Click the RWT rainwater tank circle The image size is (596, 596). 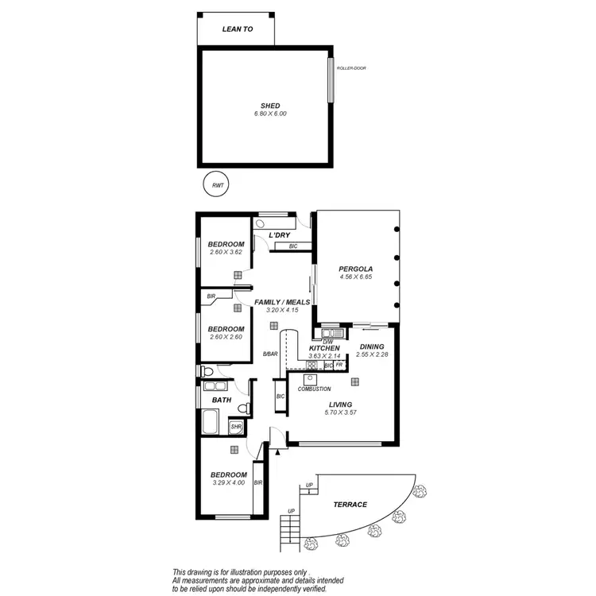click(216, 185)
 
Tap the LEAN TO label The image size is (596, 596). click(236, 29)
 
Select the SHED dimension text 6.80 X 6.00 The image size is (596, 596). click(270, 114)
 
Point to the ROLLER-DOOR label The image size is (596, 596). click(350, 68)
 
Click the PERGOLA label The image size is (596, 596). click(356, 268)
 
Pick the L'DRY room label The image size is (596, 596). click(278, 236)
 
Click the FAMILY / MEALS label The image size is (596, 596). click(282, 302)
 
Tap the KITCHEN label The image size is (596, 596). click(324, 348)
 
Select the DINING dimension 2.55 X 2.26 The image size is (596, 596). click(372, 355)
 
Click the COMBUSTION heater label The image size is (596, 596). click(315, 389)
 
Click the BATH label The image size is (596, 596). click(221, 400)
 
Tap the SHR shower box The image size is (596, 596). click(236, 428)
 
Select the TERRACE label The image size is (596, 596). click(350, 505)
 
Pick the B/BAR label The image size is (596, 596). click(271, 354)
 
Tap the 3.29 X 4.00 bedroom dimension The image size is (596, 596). click(229, 482)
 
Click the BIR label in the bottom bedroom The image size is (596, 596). click(257, 482)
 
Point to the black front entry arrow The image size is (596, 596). click(277, 452)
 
